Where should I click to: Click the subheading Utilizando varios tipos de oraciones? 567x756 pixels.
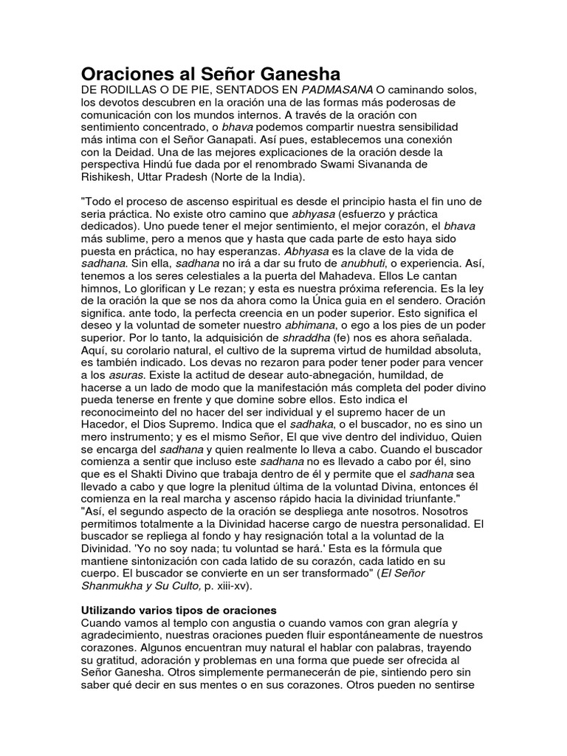coord(177,611)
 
